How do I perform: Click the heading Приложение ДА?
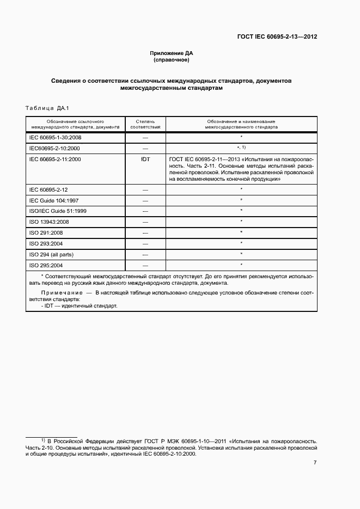[x=172, y=53]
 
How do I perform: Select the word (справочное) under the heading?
[x=172, y=60]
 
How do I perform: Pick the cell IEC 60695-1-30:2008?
[x=55, y=138]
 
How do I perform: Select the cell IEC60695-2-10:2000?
[x=54, y=148]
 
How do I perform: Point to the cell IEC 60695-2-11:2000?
[x=55, y=159]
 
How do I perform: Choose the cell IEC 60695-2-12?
[x=48, y=189]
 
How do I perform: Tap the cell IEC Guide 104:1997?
[x=53, y=200]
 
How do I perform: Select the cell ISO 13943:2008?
[x=49, y=222]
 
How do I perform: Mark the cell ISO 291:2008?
[x=47, y=233]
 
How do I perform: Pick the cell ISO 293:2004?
[x=47, y=243]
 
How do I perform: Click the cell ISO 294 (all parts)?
[x=51, y=254]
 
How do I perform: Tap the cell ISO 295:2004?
[x=47, y=265]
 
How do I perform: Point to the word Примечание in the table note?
[x=56, y=293]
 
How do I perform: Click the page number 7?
[x=315, y=463]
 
